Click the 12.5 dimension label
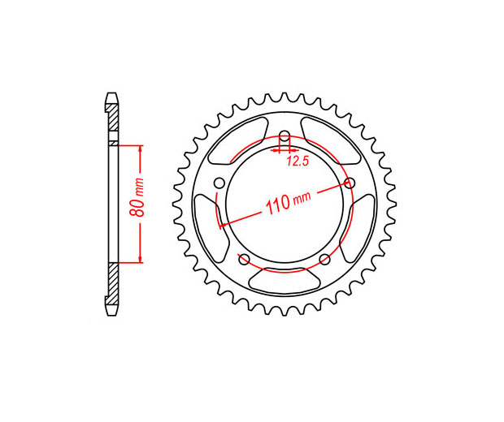point(298,161)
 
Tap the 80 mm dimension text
point(137,196)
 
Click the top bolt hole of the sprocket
point(285,135)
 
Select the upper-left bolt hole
point(219,183)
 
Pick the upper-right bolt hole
point(350,183)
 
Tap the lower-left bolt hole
point(245,259)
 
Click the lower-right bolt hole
point(325,259)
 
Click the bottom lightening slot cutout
point(285,281)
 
